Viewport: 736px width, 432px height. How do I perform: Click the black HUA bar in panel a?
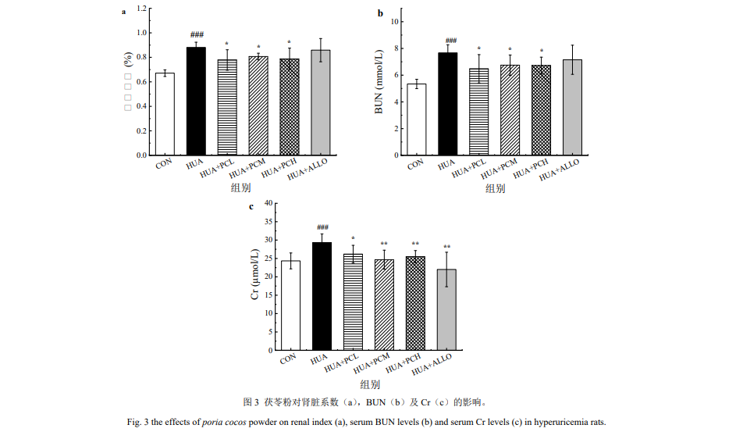click(196, 102)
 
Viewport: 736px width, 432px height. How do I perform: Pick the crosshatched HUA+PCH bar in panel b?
click(541, 110)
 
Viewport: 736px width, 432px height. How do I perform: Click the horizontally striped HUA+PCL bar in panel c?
click(354, 302)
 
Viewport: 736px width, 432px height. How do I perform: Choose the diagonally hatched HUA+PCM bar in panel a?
click(258, 105)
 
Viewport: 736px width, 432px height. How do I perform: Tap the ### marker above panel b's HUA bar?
click(448, 41)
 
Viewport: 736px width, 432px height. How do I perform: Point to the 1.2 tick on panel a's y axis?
click(141, 9)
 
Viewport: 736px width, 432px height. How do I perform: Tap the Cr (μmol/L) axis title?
click(254, 277)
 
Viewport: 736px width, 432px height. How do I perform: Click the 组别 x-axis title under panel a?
click(240, 188)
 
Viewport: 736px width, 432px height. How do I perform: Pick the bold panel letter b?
click(380, 12)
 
